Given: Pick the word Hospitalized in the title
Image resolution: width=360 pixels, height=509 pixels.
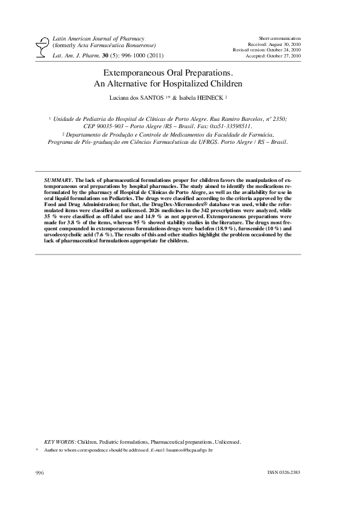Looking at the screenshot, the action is click(189, 83).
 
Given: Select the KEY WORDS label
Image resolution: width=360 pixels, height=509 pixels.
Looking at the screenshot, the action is click(61, 442).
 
